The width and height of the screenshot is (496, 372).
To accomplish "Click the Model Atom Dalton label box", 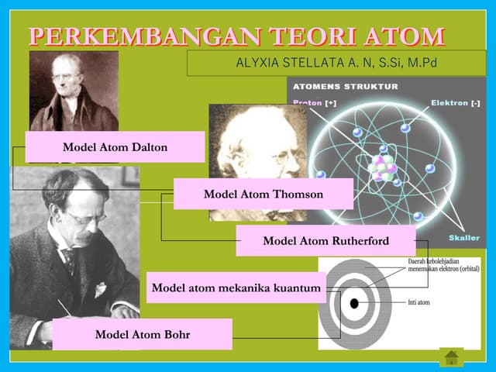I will tap(115, 146).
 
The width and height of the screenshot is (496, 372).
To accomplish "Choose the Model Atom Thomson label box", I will tap(263, 194).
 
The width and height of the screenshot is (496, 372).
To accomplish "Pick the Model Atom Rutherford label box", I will tap(325, 240).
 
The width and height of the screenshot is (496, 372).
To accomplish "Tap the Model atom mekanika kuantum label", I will tap(236, 288).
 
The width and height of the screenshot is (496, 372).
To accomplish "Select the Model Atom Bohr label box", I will tap(143, 334).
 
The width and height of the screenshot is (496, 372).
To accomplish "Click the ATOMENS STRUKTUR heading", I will tap(346, 86).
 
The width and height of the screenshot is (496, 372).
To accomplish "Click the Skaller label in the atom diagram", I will tap(463, 238).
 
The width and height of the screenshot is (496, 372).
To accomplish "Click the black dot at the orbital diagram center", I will tap(354, 302).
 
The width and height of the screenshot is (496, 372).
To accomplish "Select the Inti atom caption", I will tap(418, 302).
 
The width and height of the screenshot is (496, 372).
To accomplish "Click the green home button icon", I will tap(451, 358).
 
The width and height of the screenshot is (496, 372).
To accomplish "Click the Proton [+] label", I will tap(314, 103).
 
